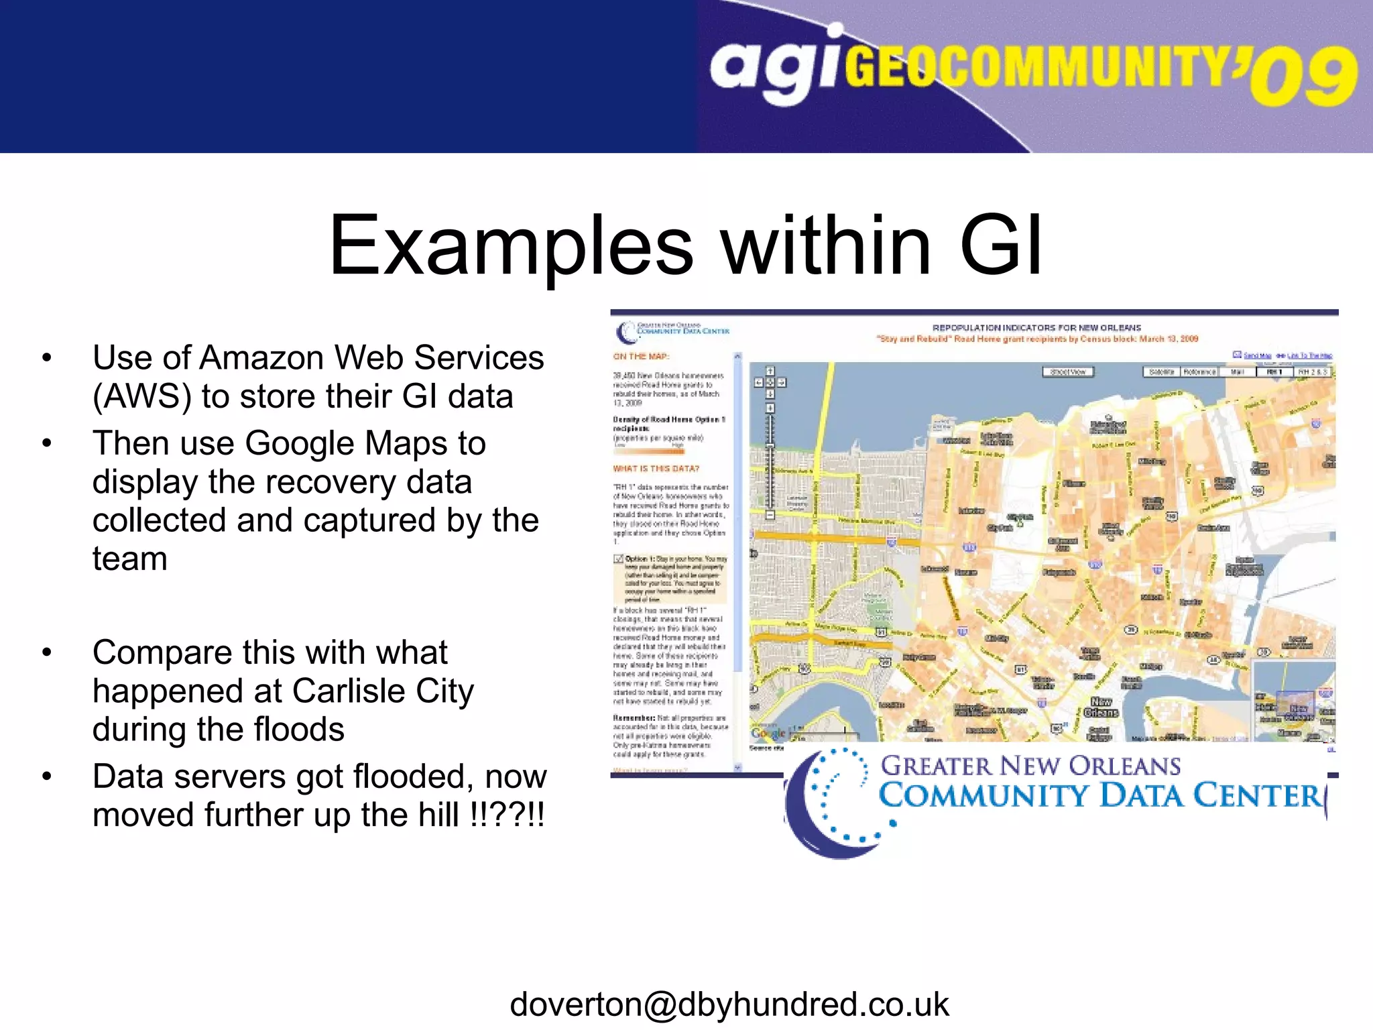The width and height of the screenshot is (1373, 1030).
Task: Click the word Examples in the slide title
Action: (511, 245)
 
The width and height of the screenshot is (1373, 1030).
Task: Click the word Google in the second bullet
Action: (300, 443)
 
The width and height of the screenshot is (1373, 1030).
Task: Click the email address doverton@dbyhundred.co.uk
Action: (729, 1005)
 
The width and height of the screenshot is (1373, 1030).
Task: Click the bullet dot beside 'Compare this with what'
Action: (46, 652)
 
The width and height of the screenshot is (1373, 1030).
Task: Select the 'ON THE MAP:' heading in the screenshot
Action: (641, 357)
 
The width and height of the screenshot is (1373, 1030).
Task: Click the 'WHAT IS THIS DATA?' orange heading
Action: (656, 469)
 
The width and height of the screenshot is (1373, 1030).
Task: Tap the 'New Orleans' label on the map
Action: (1101, 707)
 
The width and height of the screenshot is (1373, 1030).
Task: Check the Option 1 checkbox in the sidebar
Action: (619, 559)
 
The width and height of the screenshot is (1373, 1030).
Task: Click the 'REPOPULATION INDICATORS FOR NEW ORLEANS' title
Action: (1036, 328)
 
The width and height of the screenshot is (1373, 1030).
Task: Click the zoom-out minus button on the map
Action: (770, 515)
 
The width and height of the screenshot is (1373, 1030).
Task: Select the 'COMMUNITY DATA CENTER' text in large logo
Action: (1099, 796)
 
